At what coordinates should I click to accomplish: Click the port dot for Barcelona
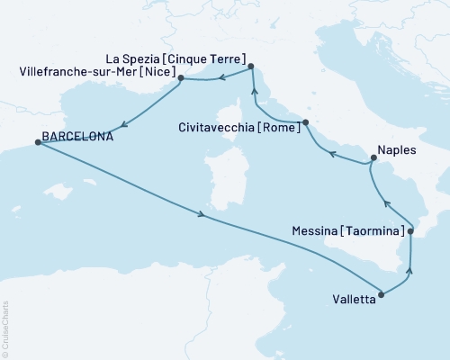click(37, 142)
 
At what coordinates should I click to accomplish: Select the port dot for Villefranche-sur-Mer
click(181, 78)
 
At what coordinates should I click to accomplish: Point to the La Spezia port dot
click(251, 66)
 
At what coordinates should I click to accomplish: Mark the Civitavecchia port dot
click(306, 122)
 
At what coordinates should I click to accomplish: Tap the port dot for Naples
click(373, 160)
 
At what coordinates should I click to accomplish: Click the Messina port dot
click(410, 232)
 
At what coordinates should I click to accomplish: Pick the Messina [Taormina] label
click(347, 232)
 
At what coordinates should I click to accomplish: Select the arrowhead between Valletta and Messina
click(410, 269)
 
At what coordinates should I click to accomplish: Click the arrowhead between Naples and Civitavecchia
click(331, 154)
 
